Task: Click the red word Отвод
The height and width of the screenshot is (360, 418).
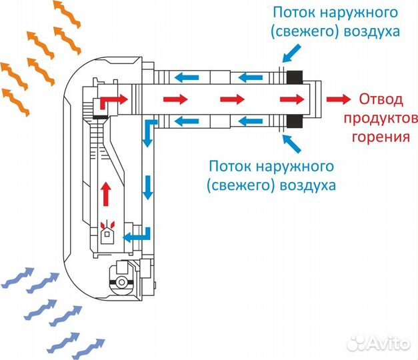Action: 381,100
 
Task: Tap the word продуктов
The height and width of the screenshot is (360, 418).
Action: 380,119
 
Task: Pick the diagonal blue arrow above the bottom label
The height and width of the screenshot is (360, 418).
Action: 292,143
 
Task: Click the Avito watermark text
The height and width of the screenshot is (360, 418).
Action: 390,343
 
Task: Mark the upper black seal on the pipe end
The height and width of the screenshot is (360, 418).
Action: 295,77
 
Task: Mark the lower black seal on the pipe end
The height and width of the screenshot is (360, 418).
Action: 295,121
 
